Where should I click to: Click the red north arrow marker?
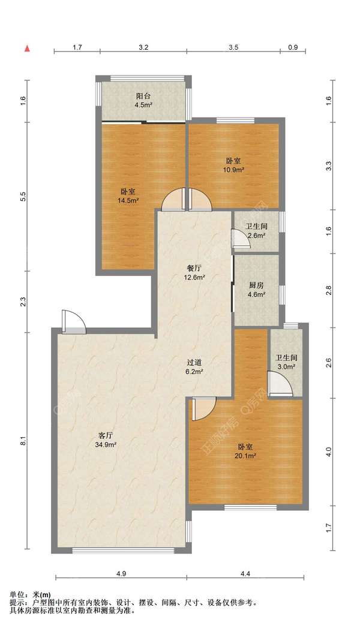[x=27, y=49]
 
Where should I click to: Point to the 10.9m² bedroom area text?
[x=234, y=170]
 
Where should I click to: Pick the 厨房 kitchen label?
[x=256, y=285]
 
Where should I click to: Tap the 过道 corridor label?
[x=194, y=362]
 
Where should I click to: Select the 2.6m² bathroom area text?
[x=256, y=236]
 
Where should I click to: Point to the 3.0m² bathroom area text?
[x=286, y=366]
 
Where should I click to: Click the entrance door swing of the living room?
[x=74, y=322]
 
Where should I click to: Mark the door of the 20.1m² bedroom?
[x=204, y=409]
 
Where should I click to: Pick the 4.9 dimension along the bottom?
[x=121, y=574]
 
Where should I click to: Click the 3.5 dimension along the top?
[x=233, y=47]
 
